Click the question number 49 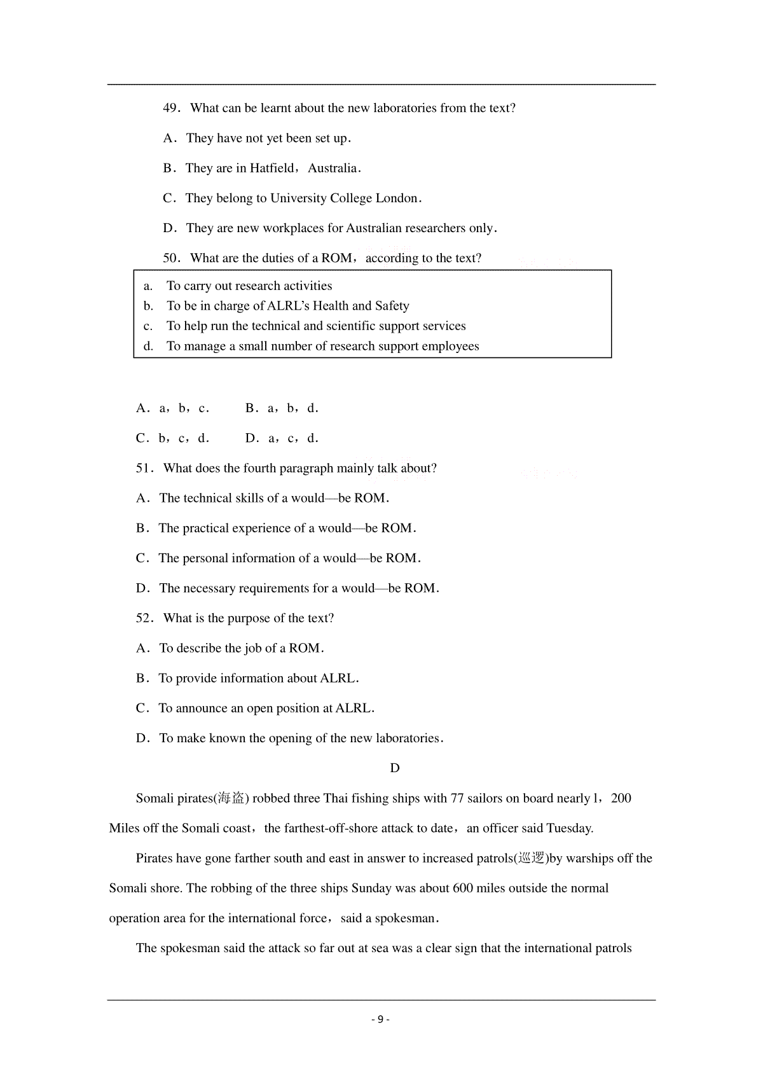pos(170,108)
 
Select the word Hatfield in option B pos(272,169)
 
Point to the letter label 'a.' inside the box pos(148,286)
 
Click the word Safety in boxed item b pos(392,306)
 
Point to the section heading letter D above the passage pos(395,768)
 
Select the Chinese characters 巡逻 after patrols pos(532,859)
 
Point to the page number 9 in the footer pos(380,1020)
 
